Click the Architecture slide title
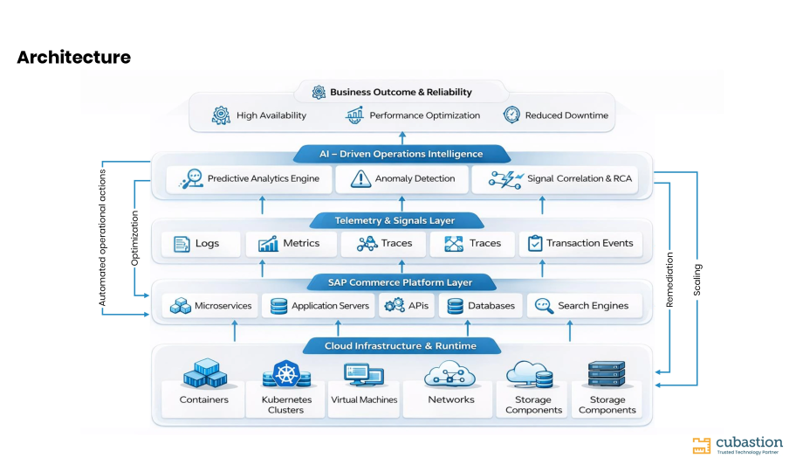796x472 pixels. coord(74,57)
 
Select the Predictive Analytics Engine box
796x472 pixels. coord(249,179)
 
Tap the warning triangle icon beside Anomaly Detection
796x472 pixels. coord(360,179)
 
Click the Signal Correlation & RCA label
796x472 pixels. coord(580,178)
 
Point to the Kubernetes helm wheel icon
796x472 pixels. coord(286,374)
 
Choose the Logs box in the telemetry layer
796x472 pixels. coord(201,244)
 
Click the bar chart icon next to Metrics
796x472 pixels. coord(268,244)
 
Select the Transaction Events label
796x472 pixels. coord(589,243)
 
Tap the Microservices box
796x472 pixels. coord(210,306)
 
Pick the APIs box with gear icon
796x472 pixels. coord(406,306)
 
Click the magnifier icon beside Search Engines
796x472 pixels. coord(544,306)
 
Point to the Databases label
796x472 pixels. coord(491,306)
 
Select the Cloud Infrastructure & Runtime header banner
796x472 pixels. coord(401,346)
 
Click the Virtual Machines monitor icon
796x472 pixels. coord(363,375)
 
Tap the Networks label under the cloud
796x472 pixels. coord(450,399)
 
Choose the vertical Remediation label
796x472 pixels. coord(669,280)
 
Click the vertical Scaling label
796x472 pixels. coord(697,280)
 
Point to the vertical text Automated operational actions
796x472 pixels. coord(102,238)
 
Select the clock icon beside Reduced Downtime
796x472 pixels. coord(511,115)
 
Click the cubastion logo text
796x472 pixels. coord(749,442)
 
